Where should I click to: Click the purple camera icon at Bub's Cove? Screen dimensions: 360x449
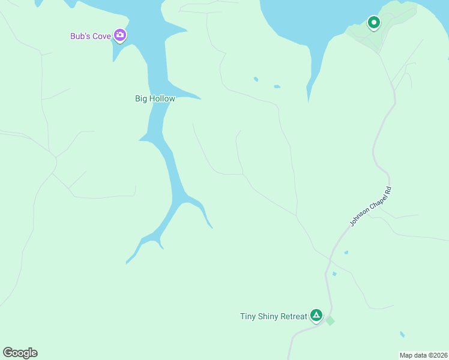pyautogui.click(x=120, y=36)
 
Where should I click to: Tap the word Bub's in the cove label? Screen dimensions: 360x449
pyautogui.click(x=81, y=37)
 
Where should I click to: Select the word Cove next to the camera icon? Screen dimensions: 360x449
pyautogui.click(x=102, y=37)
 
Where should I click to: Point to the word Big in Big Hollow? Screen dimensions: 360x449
pyautogui.click(x=141, y=99)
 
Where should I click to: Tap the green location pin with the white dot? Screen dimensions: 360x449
pyautogui.click(x=373, y=23)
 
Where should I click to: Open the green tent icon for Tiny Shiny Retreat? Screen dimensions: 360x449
pyautogui.click(x=316, y=316)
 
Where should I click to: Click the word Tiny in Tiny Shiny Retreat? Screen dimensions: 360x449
pyautogui.click(x=248, y=316)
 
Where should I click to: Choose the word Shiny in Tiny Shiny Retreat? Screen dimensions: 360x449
pyautogui.click(x=268, y=316)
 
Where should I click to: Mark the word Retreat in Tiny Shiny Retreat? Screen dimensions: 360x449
pyautogui.click(x=294, y=316)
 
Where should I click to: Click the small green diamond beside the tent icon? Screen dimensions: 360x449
pyautogui.click(x=330, y=321)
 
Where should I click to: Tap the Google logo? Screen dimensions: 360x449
pyautogui.click(x=20, y=353)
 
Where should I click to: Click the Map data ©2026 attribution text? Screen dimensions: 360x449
pyautogui.click(x=424, y=355)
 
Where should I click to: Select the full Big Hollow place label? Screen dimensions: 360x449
pyautogui.click(x=155, y=99)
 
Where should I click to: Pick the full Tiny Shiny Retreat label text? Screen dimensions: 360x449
pyautogui.click(x=274, y=316)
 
